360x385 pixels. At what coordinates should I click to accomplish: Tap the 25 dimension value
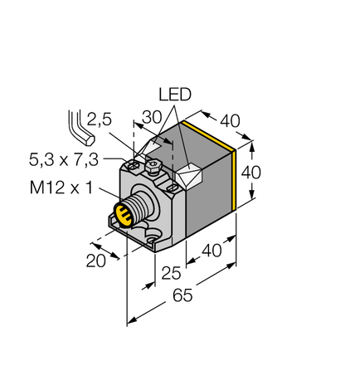[x=173, y=271]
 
